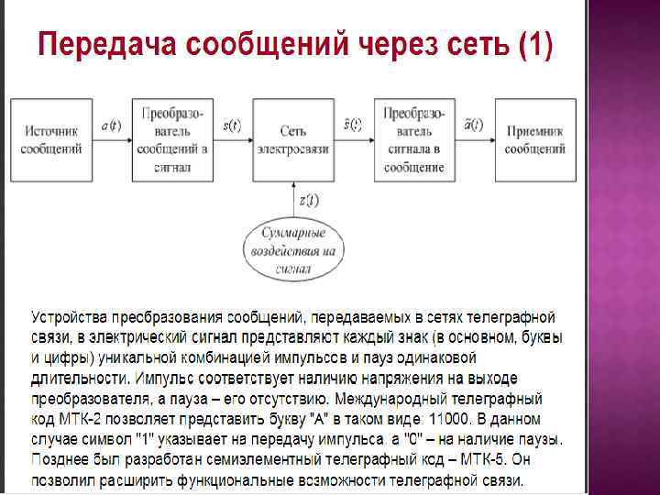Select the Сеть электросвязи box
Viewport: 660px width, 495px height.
click(293, 139)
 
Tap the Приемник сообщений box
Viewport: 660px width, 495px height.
click(535, 139)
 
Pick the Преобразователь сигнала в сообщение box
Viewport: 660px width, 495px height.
click(414, 139)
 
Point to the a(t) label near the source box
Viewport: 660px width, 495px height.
click(111, 126)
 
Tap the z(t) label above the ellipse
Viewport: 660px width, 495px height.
click(309, 199)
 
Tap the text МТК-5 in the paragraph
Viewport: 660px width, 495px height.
click(491, 457)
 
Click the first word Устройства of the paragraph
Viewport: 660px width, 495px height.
click(70, 317)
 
